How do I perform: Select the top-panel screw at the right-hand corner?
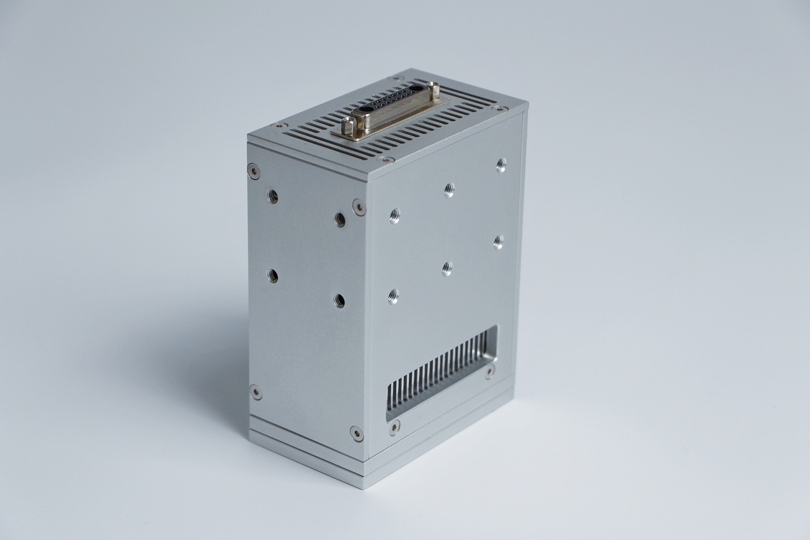497,108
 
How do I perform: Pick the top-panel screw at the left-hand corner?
274,125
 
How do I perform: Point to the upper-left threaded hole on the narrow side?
273,195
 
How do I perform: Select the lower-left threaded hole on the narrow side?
273,274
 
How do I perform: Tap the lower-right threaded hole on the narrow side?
340,300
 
